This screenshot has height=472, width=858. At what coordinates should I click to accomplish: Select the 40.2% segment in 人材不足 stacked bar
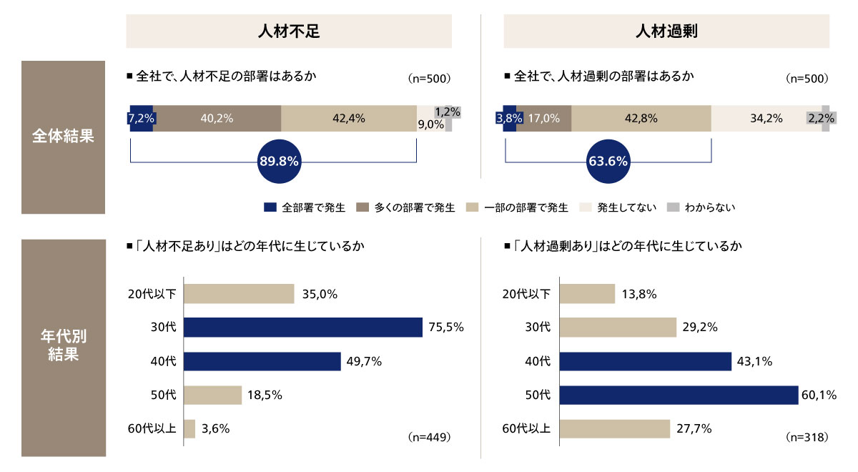[217, 119]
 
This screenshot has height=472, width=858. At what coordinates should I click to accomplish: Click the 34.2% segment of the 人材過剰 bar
[759, 119]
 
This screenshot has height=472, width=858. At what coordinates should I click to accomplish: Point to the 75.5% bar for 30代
[303, 328]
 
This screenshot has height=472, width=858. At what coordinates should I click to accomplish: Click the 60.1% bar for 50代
[678, 395]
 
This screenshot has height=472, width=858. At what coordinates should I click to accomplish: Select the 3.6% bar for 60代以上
[189, 429]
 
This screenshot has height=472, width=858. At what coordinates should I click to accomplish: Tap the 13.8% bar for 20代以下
[586, 294]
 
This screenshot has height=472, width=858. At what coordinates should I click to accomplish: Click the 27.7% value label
[694, 429]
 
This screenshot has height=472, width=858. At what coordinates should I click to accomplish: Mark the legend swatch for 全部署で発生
[270, 208]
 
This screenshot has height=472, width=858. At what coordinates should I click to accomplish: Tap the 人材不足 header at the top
[289, 31]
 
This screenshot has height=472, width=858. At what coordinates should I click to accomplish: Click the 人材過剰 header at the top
[666, 31]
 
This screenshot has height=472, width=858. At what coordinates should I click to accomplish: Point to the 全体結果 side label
[64, 137]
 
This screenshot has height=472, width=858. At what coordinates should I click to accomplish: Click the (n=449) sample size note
[428, 436]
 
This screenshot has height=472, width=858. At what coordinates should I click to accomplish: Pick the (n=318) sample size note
[807, 436]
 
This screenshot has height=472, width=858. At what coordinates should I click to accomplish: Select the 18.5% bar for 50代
[213, 395]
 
